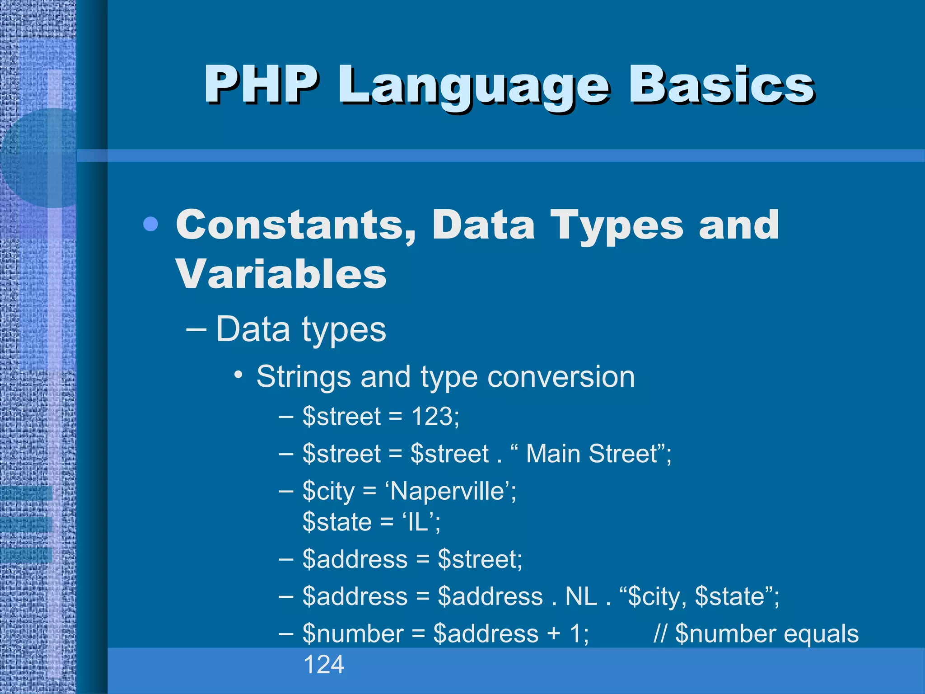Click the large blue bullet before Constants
pos(150,224)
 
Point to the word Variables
pos(281,274)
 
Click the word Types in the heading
pos(616,226)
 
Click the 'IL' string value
pos(418,522)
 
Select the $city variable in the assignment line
pos(328,491)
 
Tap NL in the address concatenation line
pos(581,596)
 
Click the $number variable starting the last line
pos(353,633)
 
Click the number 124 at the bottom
pos(323,665)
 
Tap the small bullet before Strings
pos(239,375)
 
